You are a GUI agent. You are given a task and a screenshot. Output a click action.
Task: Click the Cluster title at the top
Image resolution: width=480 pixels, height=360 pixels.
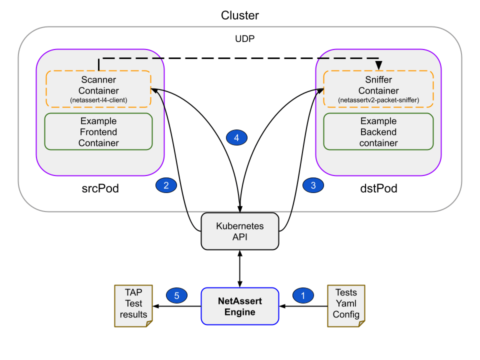[240, 15]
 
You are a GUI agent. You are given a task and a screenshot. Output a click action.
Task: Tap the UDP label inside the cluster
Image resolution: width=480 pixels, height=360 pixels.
[245, 38]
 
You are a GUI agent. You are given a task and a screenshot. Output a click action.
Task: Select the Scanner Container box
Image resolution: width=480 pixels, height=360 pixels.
[98, 89]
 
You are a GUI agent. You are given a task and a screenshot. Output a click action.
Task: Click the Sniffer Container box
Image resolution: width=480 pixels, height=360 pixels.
[378, 89]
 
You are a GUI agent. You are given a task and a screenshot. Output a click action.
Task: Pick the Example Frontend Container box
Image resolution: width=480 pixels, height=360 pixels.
[98, 132]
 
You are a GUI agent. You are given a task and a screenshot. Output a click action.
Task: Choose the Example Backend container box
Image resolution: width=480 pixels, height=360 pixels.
[378, 132]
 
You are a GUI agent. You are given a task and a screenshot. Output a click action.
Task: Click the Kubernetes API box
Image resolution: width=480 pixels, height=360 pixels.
[240, 231]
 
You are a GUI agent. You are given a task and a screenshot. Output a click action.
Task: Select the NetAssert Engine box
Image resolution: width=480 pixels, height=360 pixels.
[240, 306]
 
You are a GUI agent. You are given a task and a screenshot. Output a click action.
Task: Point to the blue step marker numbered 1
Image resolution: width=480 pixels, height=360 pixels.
[302, 295]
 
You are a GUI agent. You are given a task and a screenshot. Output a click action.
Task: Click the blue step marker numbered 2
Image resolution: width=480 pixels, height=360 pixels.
[166, 185]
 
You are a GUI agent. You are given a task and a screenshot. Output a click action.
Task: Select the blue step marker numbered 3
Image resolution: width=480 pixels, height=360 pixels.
[313, 185]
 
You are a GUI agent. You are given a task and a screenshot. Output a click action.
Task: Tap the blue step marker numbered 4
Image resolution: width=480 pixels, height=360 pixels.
[236, 137]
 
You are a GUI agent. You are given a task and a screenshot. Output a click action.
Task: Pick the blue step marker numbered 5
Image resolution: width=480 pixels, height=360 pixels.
[176, 295]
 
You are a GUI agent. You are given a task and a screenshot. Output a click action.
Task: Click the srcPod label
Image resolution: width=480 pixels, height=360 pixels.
[100, 189]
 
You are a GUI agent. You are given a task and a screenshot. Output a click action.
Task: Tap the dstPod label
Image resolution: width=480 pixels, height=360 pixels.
[378, 189]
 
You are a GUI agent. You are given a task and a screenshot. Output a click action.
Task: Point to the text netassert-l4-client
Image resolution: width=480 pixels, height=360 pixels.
[98, 100]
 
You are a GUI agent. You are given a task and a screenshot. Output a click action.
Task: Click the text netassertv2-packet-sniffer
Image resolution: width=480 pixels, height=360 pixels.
[378, 100]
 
